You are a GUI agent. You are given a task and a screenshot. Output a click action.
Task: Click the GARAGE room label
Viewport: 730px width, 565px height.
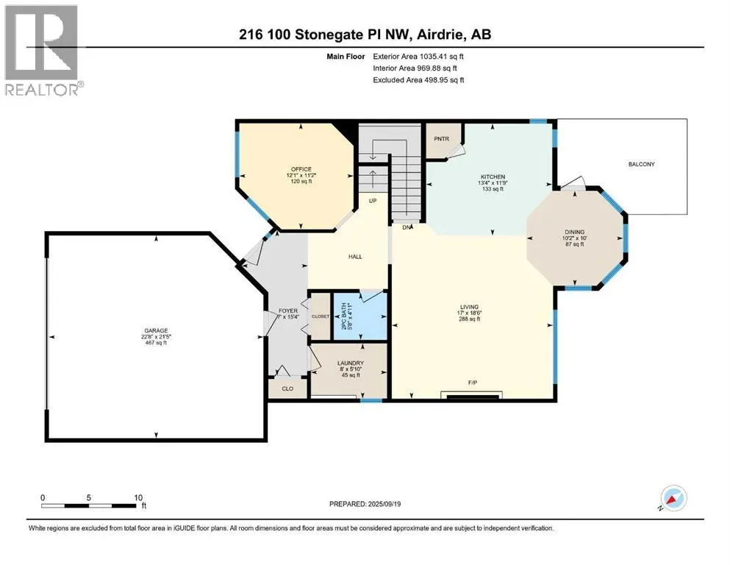pos(154,330)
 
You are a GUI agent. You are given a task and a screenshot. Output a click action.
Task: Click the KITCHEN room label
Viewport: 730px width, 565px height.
pos(492,177)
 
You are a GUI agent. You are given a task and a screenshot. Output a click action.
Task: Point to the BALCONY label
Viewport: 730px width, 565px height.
pos(641,164)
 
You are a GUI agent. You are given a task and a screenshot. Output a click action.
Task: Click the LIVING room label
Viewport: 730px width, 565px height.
pos(470,307)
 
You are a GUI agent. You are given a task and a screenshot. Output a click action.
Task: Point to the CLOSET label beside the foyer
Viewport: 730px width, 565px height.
pos(321,316)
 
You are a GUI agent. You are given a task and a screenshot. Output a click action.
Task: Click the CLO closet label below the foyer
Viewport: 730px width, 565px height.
pos(282,387)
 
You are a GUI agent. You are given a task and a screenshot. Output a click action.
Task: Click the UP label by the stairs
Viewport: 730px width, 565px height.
pos(373,199)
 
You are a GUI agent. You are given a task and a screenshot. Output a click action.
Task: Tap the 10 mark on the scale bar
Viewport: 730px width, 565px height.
pos(138,497)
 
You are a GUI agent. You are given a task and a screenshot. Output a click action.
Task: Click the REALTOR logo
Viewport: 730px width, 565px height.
pos(43,50)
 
